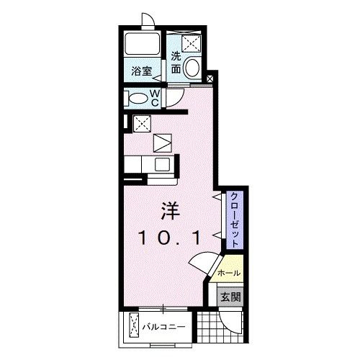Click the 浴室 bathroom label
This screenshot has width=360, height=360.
(141, 71)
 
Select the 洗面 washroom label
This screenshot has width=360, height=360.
(176, 64)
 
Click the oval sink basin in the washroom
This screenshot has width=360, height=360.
(193, 69)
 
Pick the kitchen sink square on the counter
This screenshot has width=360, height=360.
(160, 164)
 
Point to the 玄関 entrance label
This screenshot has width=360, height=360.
(229, 295)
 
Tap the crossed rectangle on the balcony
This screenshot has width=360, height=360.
(134, 326)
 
